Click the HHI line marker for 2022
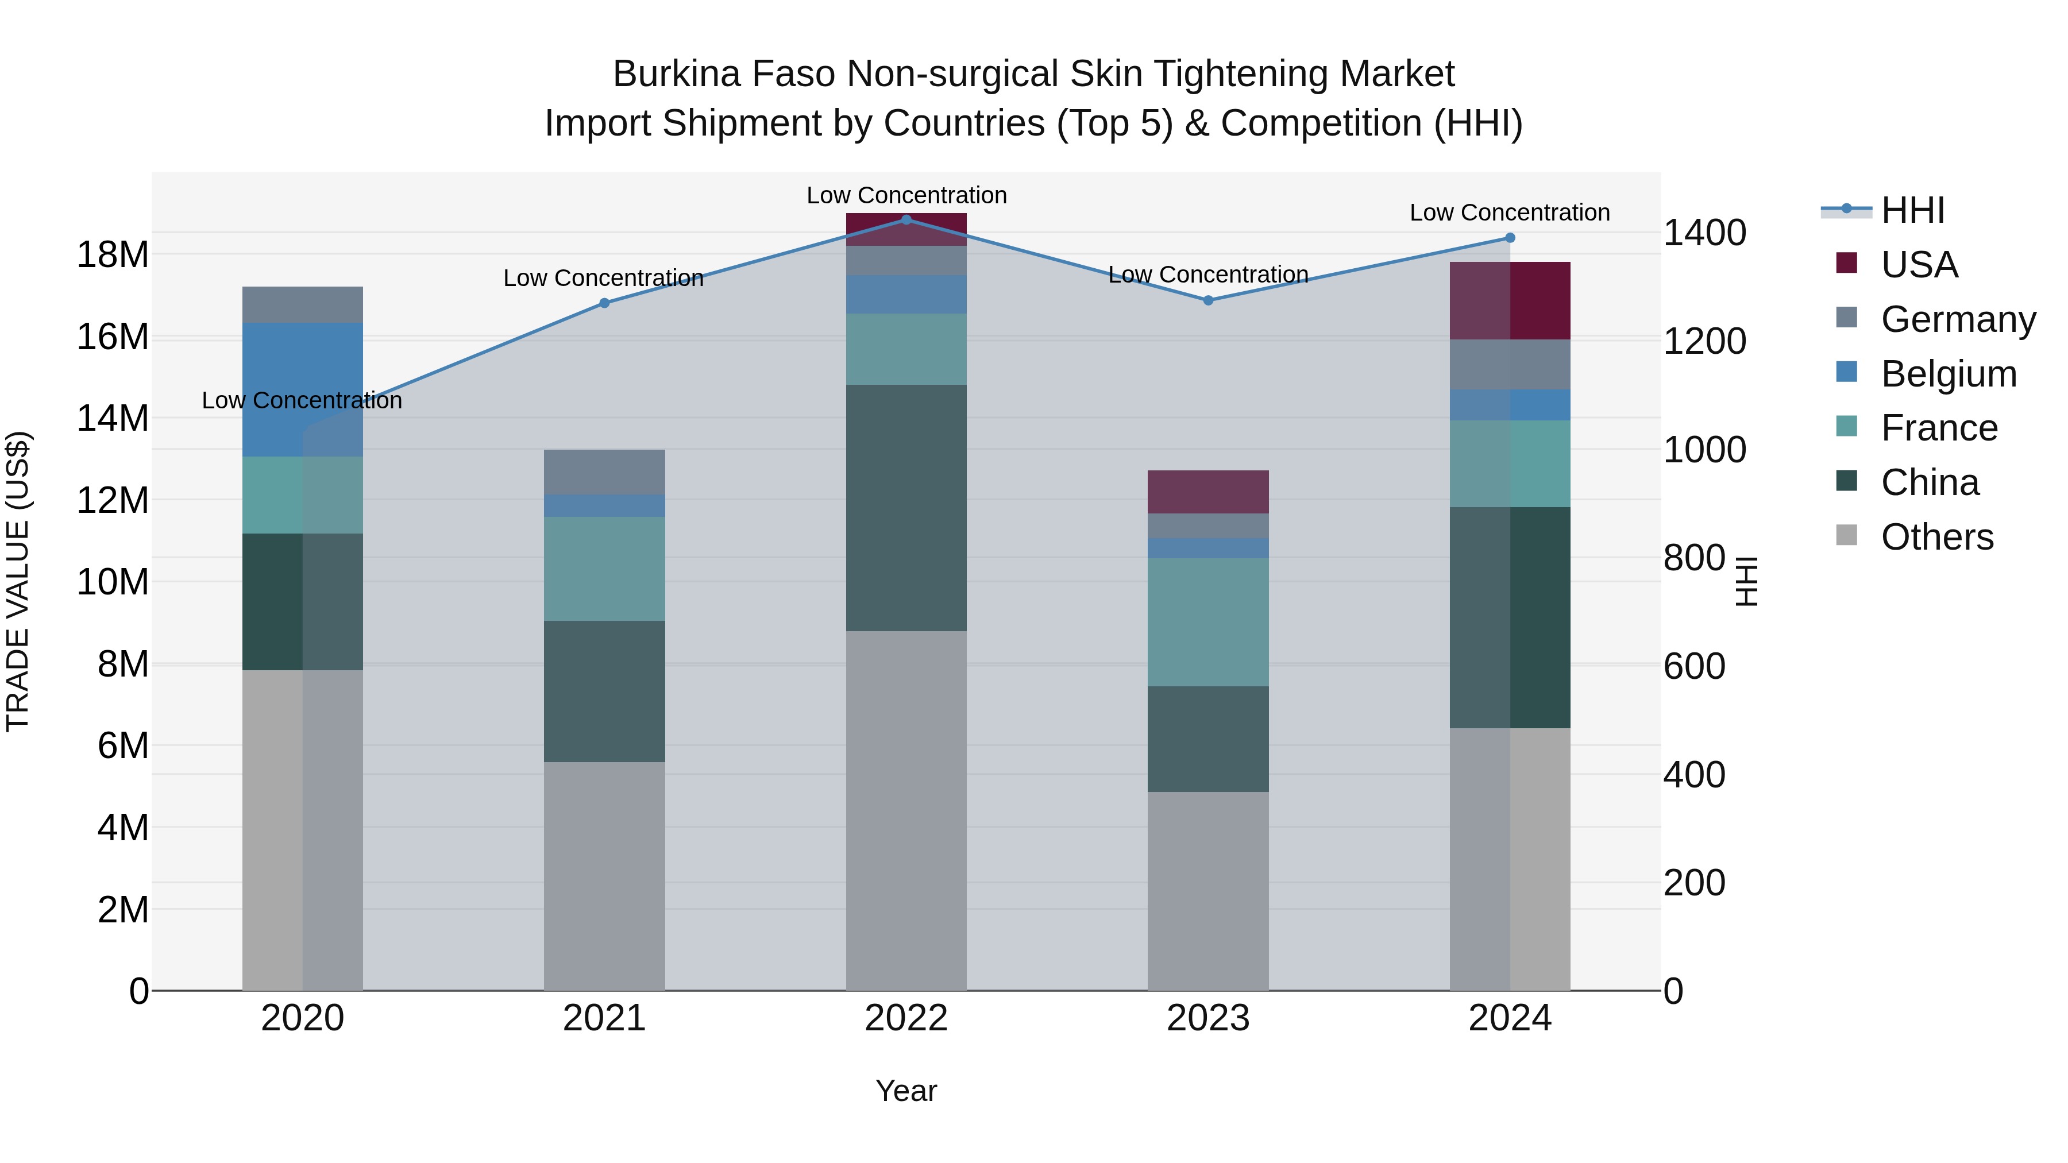click(x=906, y=219)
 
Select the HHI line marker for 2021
click(x=604, y=303)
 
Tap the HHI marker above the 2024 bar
click(x=1510, y=238)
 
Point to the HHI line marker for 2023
click(x=1208, y=300)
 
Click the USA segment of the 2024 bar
click(x=1510, y=301)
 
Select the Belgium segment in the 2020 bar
click(x=303, y=390)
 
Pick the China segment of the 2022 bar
click(x=906, y=508)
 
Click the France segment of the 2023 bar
click(x=1208, y=622)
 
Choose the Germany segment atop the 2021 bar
click(x=604, y=472)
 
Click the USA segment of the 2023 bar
click(x=1208, y=492)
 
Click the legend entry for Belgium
click(x=1949, y=374)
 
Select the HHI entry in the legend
click(x=1912, y=210)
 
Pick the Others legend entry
click(x=1936, y=537)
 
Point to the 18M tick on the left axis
click(x=113, y=254)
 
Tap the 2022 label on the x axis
click(x=906, y=1018)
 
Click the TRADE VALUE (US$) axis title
click(x=18, y=581)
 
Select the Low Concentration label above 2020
click(x=302, y=400)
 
